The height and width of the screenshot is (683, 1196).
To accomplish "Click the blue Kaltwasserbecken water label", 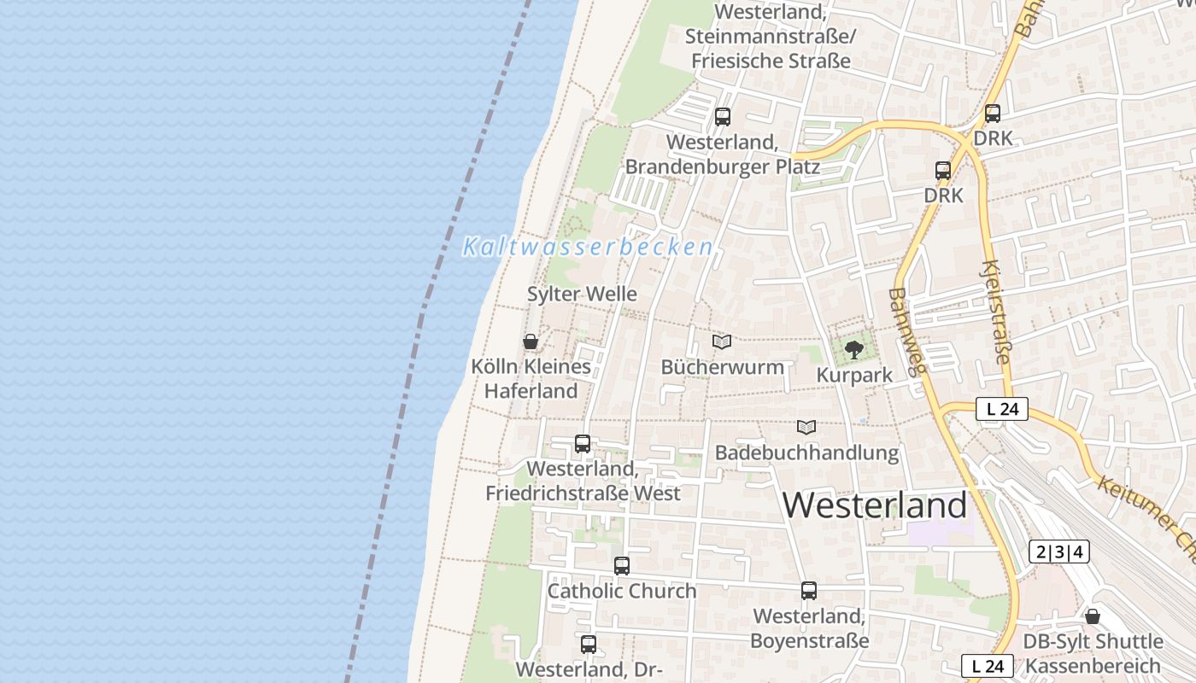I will [x=588, y=248].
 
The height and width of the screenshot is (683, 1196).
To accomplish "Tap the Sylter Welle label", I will [x=582, y=294].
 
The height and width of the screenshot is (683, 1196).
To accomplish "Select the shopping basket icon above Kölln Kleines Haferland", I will [x=531, y=341].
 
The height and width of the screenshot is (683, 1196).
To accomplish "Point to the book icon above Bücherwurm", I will [x=722, y=342].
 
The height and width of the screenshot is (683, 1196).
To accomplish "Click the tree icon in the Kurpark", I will [x=853, y=349].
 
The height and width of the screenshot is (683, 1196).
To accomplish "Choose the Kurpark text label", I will [x=854, y=375].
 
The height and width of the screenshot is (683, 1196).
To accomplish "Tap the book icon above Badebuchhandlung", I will [x=806, y=427].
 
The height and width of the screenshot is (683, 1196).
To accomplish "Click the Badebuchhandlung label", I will [x=806, y=452].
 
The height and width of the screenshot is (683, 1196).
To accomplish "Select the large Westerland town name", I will [x=875, y=505].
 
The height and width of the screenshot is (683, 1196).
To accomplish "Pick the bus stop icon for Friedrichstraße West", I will [x=583, y=444].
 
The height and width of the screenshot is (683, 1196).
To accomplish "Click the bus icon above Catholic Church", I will [x=622, y=565].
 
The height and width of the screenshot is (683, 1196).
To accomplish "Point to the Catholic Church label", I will [x=622, y=591].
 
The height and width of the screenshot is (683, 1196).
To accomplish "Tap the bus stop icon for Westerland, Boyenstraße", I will [x=809, y=590].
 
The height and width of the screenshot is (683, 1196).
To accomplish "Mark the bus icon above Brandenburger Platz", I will [x=723, y=117].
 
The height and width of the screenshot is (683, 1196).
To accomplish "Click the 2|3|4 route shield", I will [x=1059, y=552].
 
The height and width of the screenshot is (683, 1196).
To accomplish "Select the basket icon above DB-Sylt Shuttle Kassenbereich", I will [x=1093, y=616].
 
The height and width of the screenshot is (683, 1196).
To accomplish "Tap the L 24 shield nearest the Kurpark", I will [x=1002, y=409].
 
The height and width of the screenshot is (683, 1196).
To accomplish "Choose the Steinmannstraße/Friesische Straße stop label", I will [x=771, y=37].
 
